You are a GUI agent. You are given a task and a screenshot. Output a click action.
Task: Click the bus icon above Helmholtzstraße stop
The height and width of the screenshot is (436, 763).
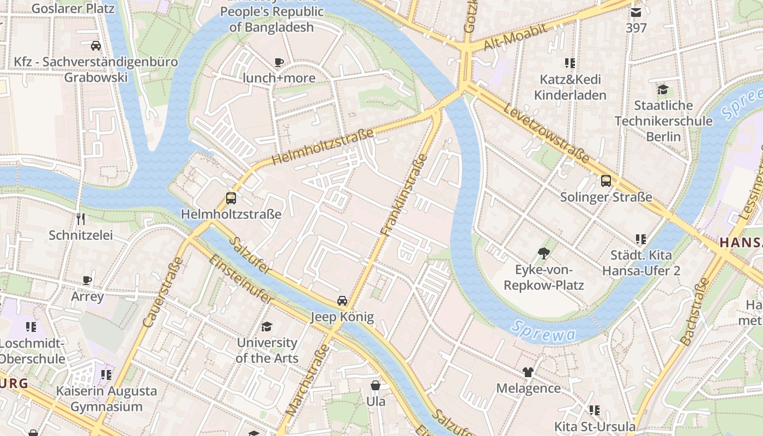pyautogui.click(x=231, y=198)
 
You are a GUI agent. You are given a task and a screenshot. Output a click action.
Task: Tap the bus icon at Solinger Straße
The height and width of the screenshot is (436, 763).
pyautogui.click(x=605, y=181)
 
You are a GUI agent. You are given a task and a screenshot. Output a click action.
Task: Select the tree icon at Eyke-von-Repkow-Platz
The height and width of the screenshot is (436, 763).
pyautogui.click(x=543, y=253)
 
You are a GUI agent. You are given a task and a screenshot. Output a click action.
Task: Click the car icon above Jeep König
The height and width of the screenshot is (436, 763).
pyautogui.click(x=342, y=300)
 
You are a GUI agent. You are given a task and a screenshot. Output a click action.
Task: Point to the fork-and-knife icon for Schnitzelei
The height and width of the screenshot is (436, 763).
pyautogui.click(x=81, y=219)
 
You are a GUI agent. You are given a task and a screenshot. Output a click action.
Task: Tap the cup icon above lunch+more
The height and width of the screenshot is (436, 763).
pyautogui.click(x=279, y=62)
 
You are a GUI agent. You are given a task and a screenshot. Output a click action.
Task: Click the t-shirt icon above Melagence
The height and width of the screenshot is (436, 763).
pyautogui.click(x=528, y=372)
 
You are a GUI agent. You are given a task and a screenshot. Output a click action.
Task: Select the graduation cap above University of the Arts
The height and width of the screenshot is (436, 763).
pyautogui.click(x=267, y=327)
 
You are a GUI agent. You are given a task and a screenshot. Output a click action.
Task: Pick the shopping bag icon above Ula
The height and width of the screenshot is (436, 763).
pyautogui.click(x=376, y=385)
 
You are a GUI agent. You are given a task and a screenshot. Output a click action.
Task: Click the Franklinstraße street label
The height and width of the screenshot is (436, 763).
pyautogui.click(x=404, y=195)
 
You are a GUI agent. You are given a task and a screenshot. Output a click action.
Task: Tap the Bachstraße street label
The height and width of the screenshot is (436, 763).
pyautogui.click(x=695, y=312)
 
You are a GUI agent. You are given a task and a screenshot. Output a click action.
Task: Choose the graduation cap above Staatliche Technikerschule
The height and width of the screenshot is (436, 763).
pyautogui.click(x=663, y=89)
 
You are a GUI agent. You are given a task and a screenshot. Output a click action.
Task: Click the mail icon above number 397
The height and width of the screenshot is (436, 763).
pyautogui.click(x=635, y=12)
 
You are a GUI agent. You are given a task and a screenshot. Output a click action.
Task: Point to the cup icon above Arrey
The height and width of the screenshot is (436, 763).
pyautogui.click(x=87, y=281)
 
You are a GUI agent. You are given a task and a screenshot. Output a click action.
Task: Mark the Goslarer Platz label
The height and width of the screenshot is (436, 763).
pyautogui.click(x=73, y=9)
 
